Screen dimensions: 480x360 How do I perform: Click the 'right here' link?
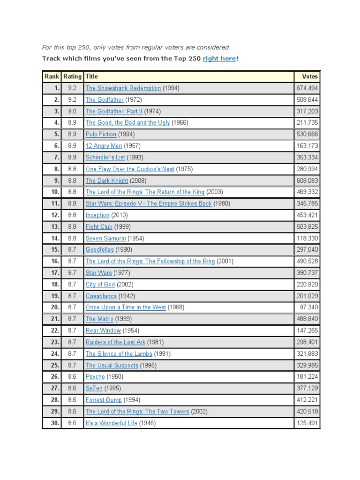point(219,59)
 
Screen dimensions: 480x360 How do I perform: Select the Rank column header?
point(52,76)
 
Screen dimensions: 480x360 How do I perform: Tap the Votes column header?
point(310,76)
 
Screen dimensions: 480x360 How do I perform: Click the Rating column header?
point(72,76)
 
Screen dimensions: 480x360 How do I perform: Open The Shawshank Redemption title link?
point(123,88)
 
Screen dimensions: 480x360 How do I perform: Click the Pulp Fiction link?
point(101,134)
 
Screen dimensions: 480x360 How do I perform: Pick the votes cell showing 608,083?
point(307,180)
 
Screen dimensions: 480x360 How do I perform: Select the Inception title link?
point(97,215)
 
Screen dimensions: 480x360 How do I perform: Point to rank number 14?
point(55,238)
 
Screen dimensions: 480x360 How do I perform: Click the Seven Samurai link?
point(106,238)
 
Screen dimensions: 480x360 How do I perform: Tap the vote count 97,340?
point(309,307)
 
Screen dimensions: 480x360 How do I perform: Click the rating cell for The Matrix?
point(72,319)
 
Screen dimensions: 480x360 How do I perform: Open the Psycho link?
point(95,377)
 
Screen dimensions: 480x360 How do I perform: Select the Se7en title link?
point(94,388)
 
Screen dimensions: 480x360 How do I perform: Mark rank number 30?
point(55,423)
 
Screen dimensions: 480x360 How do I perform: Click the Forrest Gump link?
point(104,400)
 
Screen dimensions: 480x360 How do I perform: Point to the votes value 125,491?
point(307,423)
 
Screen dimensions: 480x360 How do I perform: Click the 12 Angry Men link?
point(104,146)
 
